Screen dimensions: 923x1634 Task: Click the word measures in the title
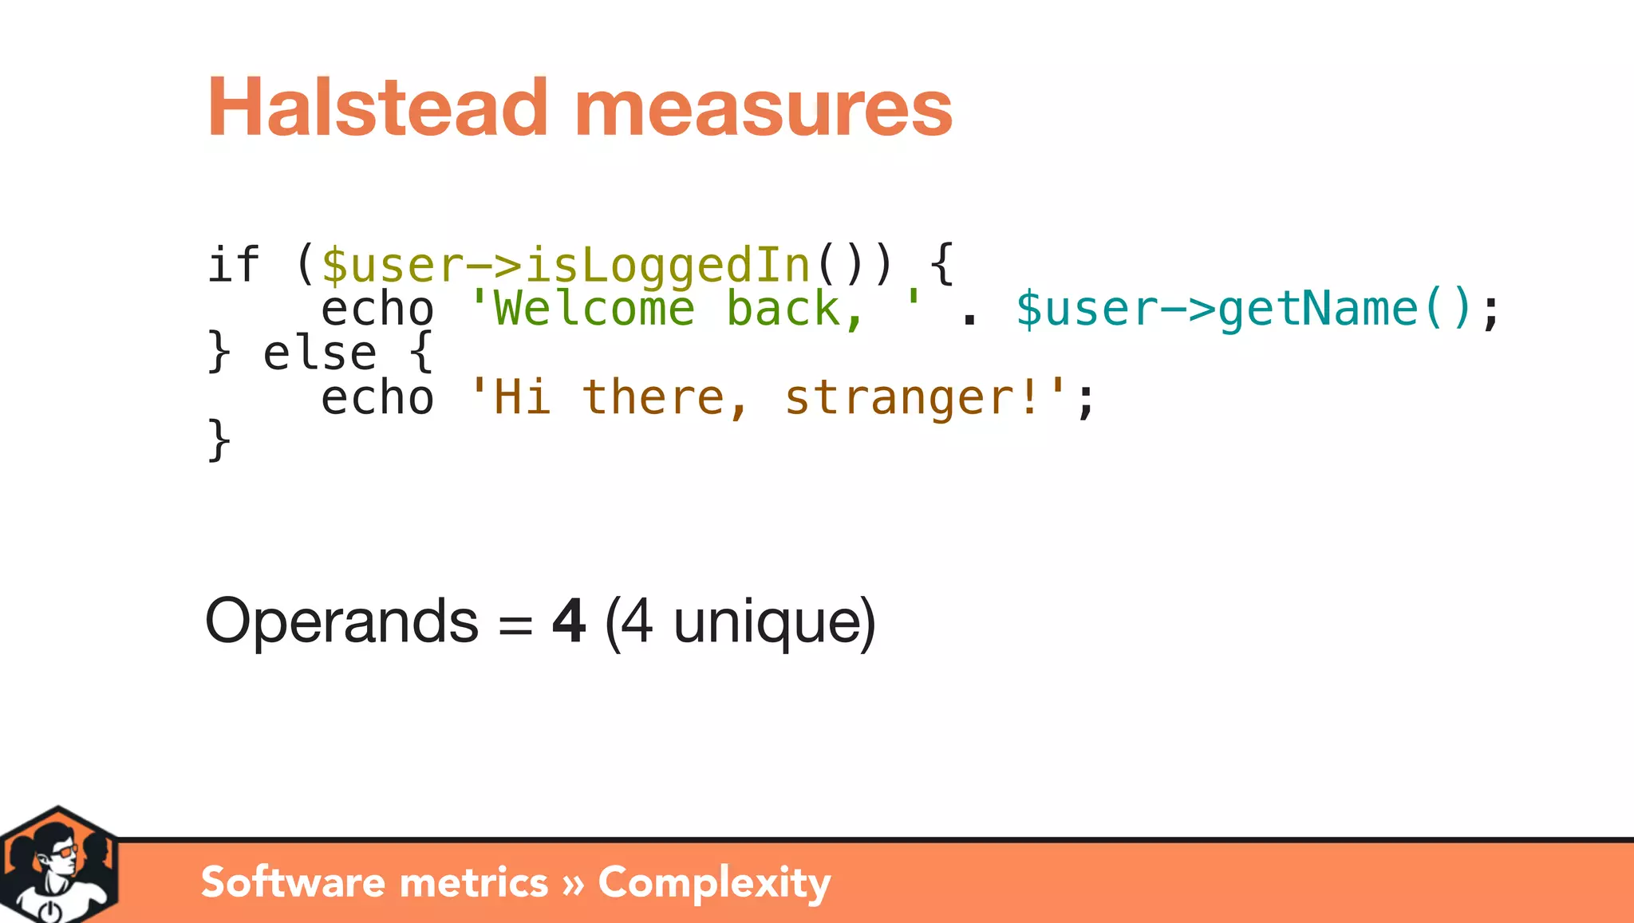click(763, 109)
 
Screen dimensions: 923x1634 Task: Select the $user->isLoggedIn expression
click(565, 266)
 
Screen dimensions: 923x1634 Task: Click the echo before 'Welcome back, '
click(377, 309)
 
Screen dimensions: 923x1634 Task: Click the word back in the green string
click(783, 309)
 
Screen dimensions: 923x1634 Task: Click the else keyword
click(319, 353)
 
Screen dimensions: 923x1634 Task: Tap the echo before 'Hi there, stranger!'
click(377, 397)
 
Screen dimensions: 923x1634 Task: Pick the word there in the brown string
click(653, 397)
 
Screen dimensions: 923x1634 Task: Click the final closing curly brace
click(219, 440)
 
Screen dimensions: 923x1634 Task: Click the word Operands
click(341, 621)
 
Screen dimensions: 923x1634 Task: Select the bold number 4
click(569, 621)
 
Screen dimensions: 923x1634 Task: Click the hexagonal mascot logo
click(58, 866)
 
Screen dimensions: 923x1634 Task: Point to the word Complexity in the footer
click(714, 882)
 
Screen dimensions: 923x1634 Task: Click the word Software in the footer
click(292, 882)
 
